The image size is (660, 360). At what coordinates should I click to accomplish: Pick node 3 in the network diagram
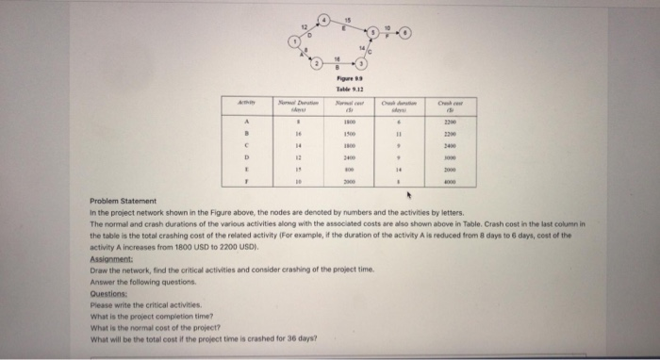point(358,65)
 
